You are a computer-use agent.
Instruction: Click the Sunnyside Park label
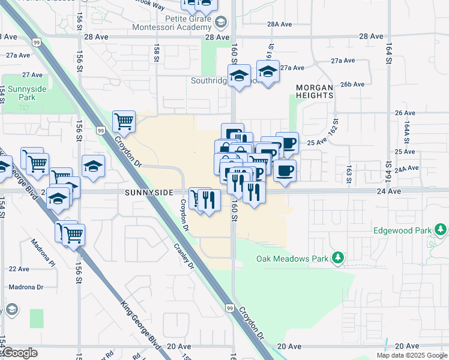pos(32,93)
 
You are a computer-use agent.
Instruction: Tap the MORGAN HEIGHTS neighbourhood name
pos(314,91)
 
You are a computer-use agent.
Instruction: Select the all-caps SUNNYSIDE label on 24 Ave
pos(149,192)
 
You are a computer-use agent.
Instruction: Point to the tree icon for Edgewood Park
pos(441,230)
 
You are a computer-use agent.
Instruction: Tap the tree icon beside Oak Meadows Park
pos(338,258)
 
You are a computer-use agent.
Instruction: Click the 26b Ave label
pos(352,84)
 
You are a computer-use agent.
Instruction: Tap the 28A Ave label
pos(279,24)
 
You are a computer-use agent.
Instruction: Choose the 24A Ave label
pos(407,169)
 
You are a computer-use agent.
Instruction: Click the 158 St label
pos(156,53)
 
